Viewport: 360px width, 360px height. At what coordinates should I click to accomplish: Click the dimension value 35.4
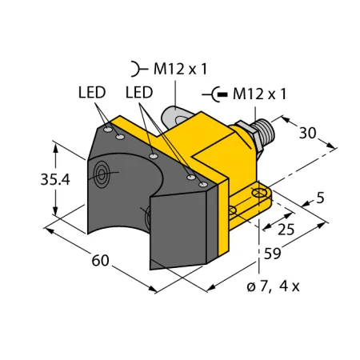coord(55,179)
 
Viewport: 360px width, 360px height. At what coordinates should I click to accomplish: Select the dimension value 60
coord(100,260)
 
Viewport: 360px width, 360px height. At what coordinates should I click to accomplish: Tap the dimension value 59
coord(272,254)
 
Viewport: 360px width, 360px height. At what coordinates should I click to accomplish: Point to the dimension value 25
coord(286,230)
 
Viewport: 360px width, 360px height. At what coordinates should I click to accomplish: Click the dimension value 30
coord(307,133)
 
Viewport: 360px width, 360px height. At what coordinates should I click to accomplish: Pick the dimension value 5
coord(320,198)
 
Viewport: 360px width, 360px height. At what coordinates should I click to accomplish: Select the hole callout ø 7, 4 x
coord(273,286)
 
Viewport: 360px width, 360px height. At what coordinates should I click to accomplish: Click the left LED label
coord(92,92)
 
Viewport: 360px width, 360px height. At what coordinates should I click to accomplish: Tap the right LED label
coord(139,92)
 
